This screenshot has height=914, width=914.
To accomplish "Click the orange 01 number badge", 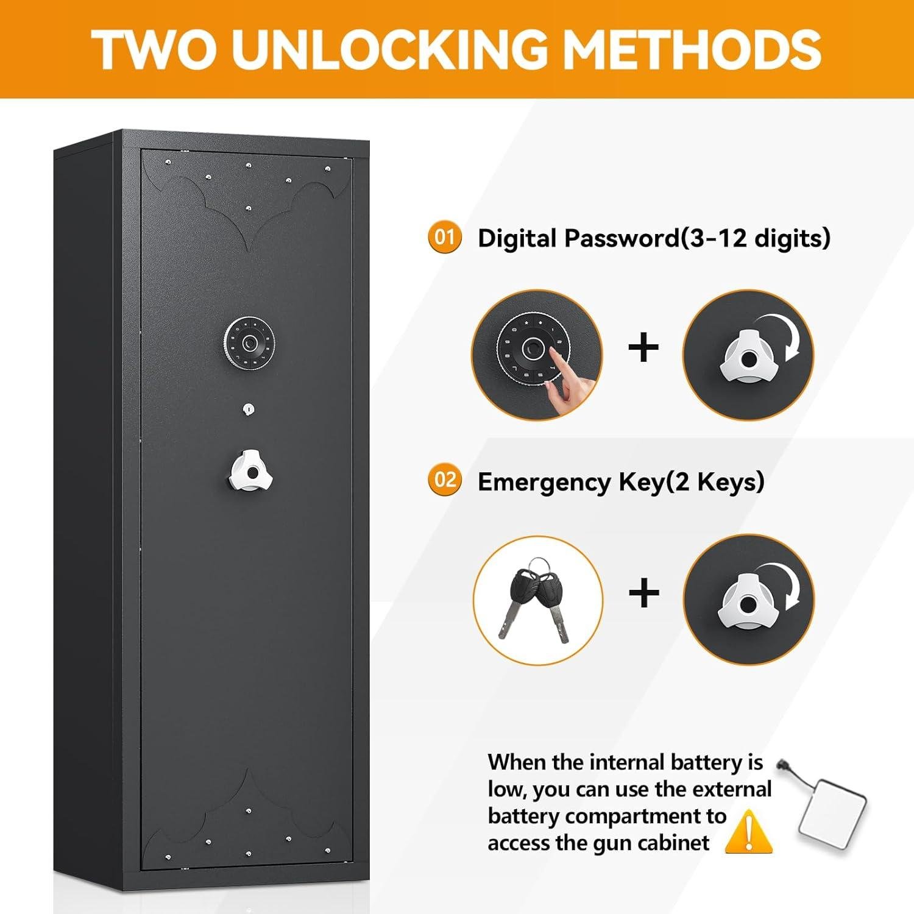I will [x=445, y=237].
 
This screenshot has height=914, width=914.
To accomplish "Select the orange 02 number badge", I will [x=445, y=480].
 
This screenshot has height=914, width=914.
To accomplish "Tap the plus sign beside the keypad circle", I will [x=643, y=348].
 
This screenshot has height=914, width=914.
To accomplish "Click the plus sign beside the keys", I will [x=643, y=593].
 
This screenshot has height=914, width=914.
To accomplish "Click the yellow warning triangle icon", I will [x=749, y=832].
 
